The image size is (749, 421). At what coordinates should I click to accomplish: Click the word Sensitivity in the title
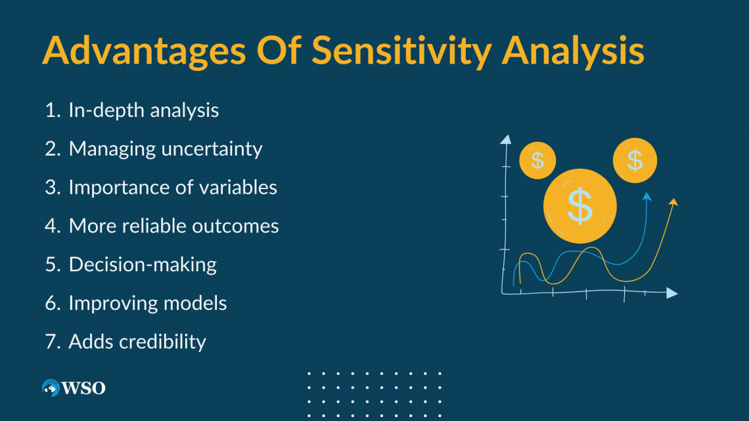(x=401, y=51)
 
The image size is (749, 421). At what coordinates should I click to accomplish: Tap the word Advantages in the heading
(x=144, y=51)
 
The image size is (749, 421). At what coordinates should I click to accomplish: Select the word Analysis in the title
(x=573, y=51)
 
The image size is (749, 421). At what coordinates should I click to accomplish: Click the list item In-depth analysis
(x=143, y=111)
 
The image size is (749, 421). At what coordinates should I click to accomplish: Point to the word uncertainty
(x=212, y=149)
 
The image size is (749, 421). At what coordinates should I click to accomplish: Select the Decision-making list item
(x=143, y=265)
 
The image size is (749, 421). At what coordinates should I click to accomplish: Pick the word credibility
(x=162, y=342)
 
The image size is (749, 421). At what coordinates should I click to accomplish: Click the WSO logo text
(x=83, y=388)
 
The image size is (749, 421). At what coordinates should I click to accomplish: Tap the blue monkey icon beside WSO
(x=51, y=388)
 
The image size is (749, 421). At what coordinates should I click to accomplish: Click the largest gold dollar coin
(x=580, y=206)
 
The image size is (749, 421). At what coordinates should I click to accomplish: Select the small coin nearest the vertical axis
(x=537, y=160)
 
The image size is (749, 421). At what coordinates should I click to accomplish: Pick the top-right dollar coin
(x=635, y=160)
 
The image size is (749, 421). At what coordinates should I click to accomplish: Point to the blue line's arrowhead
(x=647, y=196)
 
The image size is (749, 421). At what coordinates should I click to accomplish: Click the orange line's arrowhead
(x=673, y=202)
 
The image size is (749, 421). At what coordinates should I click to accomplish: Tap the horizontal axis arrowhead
(x=672, y=293)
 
